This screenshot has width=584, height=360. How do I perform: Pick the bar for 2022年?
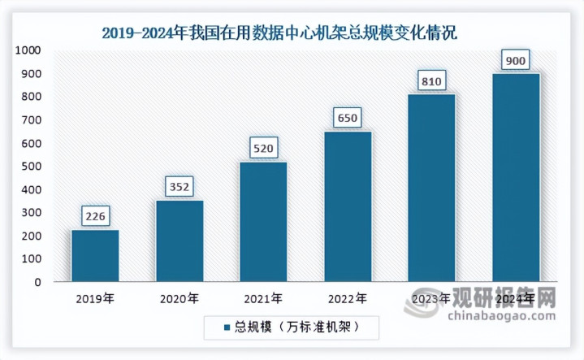348,206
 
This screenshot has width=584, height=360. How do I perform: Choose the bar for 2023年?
431,188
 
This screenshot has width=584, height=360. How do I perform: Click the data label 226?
95,217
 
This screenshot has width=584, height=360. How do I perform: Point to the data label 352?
180,187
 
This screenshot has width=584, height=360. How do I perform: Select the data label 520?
263,149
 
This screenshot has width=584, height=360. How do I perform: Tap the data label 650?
348,119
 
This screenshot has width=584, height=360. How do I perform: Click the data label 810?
431,81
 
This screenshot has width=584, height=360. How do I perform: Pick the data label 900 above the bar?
516,60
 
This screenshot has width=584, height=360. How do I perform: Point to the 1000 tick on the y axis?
27,50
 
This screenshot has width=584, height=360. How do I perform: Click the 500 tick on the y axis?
30,167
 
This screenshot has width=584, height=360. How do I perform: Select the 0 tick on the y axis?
37,283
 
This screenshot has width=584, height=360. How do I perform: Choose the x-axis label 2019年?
95,298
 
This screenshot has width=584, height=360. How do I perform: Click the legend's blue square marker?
227,327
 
